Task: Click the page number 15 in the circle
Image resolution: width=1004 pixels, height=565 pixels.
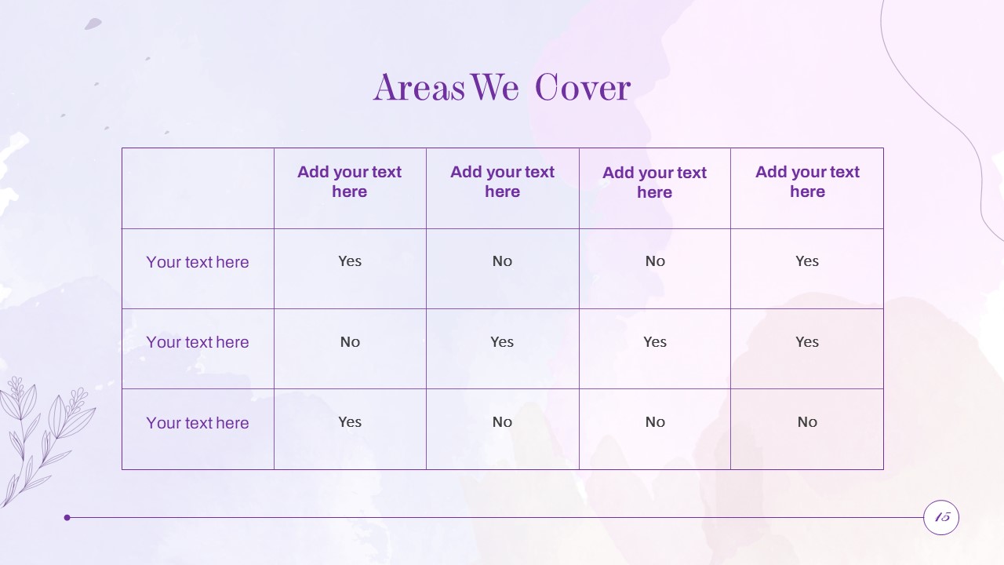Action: click(942, 517)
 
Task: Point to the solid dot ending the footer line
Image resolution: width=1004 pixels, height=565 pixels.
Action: click(67, 517)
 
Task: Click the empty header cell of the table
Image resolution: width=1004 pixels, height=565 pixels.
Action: click(198, 188)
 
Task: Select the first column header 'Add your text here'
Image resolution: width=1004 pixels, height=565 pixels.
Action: click(349, 181)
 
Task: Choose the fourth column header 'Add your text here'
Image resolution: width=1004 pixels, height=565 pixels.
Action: click(807, 181)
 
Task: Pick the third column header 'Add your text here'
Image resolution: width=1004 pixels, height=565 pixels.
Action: click(654, 182)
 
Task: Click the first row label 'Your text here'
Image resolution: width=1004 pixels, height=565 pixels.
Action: click(197, 262)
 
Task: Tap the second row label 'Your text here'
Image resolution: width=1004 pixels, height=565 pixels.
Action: click(197, 342)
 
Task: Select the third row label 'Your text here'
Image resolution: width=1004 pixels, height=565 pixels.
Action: click(197, 423)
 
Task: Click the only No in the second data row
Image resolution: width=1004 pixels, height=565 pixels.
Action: click(350, 342)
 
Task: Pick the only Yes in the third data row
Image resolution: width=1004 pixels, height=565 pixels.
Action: click(350, 422)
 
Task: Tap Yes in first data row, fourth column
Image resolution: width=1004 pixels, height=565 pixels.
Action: click(807, 261)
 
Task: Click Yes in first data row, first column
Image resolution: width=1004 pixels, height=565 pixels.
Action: click(350, 261)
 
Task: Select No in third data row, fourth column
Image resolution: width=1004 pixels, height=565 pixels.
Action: click(807, 422)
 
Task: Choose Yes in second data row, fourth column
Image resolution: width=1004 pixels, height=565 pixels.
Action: click(807, 342)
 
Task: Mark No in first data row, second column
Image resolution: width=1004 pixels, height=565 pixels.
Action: click(502, 261)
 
